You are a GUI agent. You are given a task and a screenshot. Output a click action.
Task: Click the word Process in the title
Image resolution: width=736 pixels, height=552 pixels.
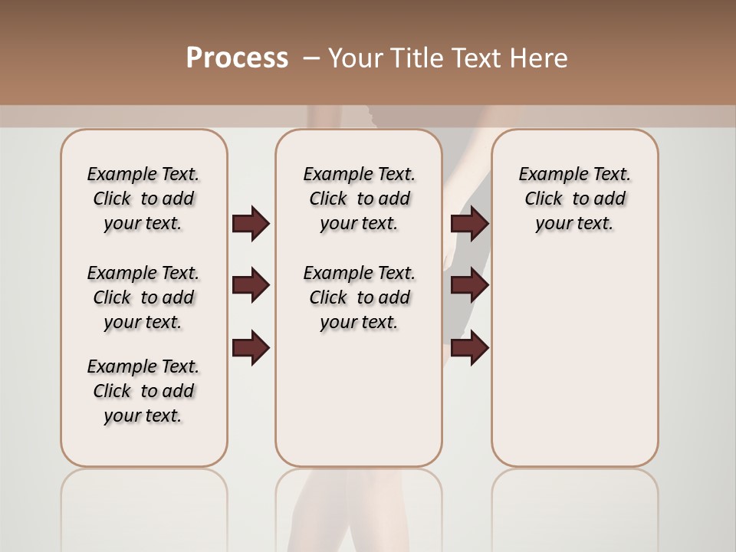point(237,58)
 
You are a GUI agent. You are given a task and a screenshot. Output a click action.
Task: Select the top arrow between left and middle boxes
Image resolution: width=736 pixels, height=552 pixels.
point(251,223)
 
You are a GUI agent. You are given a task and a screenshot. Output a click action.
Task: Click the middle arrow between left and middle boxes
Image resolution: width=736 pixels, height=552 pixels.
point(251,285)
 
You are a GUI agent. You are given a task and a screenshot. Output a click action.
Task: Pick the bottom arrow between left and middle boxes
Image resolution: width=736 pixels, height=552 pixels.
point(251,348)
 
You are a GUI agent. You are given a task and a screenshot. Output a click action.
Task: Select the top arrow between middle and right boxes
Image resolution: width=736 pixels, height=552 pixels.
point(469,223)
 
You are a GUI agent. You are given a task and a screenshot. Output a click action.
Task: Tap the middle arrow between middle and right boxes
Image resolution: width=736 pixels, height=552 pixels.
point(469,285)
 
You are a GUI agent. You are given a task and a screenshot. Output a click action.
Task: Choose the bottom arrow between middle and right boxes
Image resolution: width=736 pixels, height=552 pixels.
point(469,348)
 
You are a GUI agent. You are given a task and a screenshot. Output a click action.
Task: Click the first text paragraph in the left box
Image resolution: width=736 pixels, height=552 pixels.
point(143,199)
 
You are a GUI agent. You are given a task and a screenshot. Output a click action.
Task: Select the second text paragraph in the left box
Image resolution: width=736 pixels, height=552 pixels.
point(143,297)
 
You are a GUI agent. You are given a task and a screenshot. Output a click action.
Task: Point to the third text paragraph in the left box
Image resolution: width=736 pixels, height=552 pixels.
point(143,391)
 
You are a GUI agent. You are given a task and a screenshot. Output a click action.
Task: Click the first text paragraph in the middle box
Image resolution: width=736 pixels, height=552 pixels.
point(359,199)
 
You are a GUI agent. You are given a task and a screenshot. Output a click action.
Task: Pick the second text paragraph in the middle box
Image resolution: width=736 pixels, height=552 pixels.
point(359,297)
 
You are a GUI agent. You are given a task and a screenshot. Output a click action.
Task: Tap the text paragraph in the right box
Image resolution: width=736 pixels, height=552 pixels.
point(574,199)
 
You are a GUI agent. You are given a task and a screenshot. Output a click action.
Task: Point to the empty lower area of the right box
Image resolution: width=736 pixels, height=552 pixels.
point(574,360)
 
